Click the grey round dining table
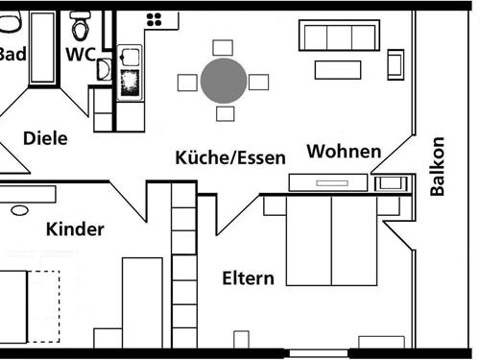224,81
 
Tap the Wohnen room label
344,152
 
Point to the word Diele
45,138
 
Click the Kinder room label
75,229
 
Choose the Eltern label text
248,279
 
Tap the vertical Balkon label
438,166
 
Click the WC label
81,55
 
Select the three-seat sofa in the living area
337,36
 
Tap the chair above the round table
223,47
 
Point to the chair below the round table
224,114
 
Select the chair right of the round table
258,81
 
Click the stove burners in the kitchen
155,18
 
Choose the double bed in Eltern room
329,240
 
